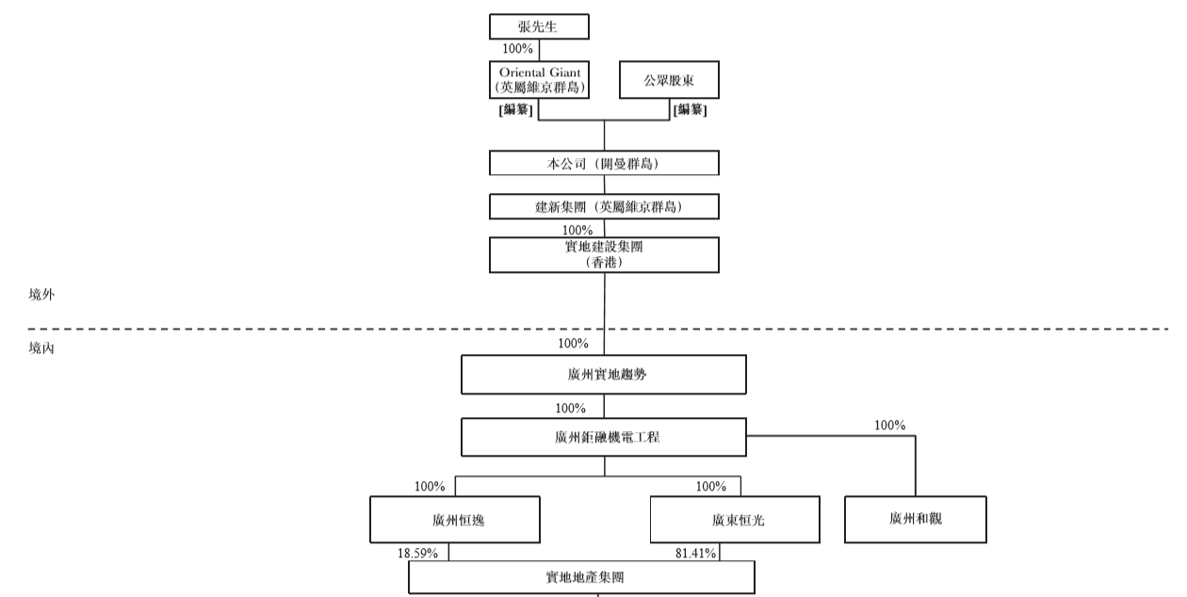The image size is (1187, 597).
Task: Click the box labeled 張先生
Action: coord(539,26)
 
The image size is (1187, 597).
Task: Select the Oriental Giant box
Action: coord(539,80)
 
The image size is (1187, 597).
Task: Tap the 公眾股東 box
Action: coord(669,80)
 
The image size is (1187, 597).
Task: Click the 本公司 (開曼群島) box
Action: coord(604,163)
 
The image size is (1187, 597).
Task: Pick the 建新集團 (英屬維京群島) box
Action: coord(604,206)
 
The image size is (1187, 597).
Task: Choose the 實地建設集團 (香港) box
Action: coord(604,254)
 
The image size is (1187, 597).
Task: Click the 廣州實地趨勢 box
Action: coord(603,374)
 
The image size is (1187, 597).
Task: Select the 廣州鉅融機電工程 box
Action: coord(603,436)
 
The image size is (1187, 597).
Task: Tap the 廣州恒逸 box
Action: coord(454,519)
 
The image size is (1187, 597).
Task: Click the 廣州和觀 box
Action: coord(916,518)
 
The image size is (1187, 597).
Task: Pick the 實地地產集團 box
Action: coord(581,577)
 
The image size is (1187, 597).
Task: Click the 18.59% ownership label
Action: coord(418,553)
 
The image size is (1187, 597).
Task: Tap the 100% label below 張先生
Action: coord(518,49)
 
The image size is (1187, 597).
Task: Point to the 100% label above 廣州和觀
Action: coord(889,426)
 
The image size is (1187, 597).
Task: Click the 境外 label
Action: coord(42,295)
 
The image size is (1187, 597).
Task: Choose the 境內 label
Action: coord(42,348)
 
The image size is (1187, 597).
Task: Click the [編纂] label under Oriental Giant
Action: coord(516,110)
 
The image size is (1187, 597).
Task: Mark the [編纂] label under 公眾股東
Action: coord(691,110)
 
